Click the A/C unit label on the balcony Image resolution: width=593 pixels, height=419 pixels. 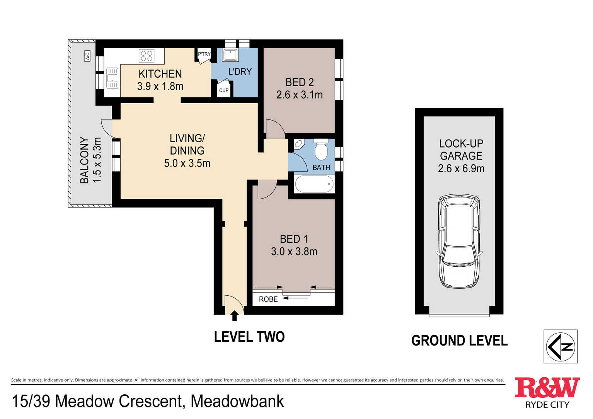[x=87, y=56]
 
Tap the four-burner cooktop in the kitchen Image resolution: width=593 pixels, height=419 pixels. [x=147, y=56]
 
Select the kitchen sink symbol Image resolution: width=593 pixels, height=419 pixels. [x=112, y=78]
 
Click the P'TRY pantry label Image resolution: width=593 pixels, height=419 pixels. [x=204, y=54]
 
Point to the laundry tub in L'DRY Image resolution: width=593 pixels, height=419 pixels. [x=230, y=55]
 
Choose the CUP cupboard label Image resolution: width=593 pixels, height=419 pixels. [x=224, y=90]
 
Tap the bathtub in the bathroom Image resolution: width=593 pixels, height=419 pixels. [x=314, y=184]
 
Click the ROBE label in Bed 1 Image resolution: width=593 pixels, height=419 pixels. [x=268, y=299]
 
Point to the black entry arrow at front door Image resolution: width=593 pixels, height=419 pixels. [x=234, y=316]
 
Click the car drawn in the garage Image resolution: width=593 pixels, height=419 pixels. [x=459, y=242]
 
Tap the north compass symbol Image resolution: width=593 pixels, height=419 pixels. [x=561, y=346]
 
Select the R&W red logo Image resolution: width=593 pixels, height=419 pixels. [x=547, y=388]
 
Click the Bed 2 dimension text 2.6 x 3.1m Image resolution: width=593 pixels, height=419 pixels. [x=300, y=95]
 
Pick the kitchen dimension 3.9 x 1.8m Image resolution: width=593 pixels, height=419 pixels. [x=160, y=86]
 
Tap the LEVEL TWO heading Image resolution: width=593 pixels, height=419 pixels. [x=249, y=337]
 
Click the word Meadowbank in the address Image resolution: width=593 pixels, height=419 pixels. [x=237, y=401]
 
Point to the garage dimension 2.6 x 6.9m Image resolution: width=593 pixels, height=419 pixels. [x=461, y=169]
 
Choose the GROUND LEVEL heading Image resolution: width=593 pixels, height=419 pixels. [x=459, y=341]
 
